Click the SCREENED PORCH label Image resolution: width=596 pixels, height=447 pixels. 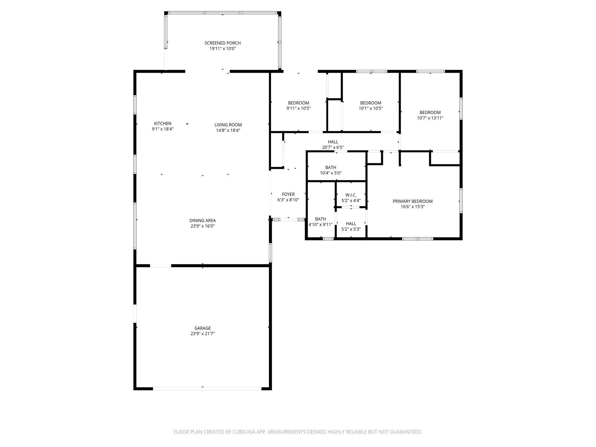pyautogui.click(x=223, y=43)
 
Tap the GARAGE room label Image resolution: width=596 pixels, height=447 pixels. pyautogui.click(x=203, y=328)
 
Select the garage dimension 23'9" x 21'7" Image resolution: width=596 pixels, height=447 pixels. pyautogui.click(x=203, y=334)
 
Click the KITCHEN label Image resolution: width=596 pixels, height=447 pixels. pyautogui.click(x=163, y=123)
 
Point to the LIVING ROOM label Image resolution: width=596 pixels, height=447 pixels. pyautogui.click(x=228, y=125)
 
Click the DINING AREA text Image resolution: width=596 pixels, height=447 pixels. pyautogui.click(x=203, y=221)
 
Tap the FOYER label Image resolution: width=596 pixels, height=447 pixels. pyautogui.click(x=288, y=194)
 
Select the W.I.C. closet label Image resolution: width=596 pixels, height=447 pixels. pyautogui.click(x=351, y=195)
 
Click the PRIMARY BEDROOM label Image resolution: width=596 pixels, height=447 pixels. pyautogui.click(x=413, y=201)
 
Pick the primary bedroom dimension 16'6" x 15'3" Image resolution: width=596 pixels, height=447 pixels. pyautogui.click(x=413, y=207)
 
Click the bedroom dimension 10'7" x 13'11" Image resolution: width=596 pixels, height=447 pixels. pyautogui.click(x=430, y=118)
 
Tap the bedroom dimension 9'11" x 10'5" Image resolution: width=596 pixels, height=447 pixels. pyautogui.click(x=299, y=109)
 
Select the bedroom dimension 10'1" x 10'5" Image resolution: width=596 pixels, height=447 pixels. pyautogui.click(x=371, y=109)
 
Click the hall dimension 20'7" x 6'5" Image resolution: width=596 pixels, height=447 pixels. pyautogui.click(x=333, y=148)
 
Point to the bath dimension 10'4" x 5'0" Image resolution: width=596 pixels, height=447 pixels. pyautogui.click(x=331, y=173)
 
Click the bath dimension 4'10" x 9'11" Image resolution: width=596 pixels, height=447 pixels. pyautogui.click(x=320, y=224)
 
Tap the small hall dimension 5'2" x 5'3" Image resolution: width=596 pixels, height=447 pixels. pyautogui.click(x=351, y=229)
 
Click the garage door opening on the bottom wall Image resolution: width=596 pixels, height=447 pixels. pyautogui.click(x=207, y=389)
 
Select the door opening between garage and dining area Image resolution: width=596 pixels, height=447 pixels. pyautogui.click(x=161, y=265)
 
